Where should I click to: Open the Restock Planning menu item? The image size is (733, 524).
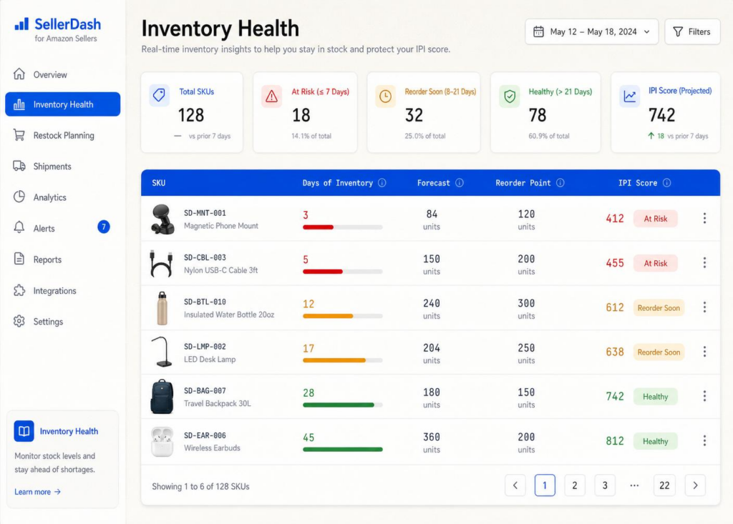point(64,135)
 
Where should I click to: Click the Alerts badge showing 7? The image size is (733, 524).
point(103,227)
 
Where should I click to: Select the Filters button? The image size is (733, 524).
point(692,31)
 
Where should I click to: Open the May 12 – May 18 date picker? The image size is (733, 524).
point(591,31)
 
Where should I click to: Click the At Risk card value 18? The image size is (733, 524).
point(301,115)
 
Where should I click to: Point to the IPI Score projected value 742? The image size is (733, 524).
point(661,115)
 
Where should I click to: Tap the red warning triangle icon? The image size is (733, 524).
point(271,97)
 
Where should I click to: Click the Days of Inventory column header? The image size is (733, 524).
point(338,183)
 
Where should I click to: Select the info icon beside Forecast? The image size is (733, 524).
point(460,182)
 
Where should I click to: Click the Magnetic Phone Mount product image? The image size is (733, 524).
point(162,219)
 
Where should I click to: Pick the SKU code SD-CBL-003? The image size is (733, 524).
point(205,257)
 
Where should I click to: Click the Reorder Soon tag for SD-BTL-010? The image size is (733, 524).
point(659,308)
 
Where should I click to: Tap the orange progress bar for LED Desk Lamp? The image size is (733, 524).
point(334,360)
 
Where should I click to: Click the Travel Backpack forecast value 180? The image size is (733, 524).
point(432,392)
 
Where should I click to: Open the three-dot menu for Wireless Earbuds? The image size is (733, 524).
point(704,440)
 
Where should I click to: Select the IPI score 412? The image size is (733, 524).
point(615,219)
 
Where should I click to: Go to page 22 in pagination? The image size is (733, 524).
point(664,485)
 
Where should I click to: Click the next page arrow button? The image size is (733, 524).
point(695,485)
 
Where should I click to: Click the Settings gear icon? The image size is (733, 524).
point(19,321)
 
